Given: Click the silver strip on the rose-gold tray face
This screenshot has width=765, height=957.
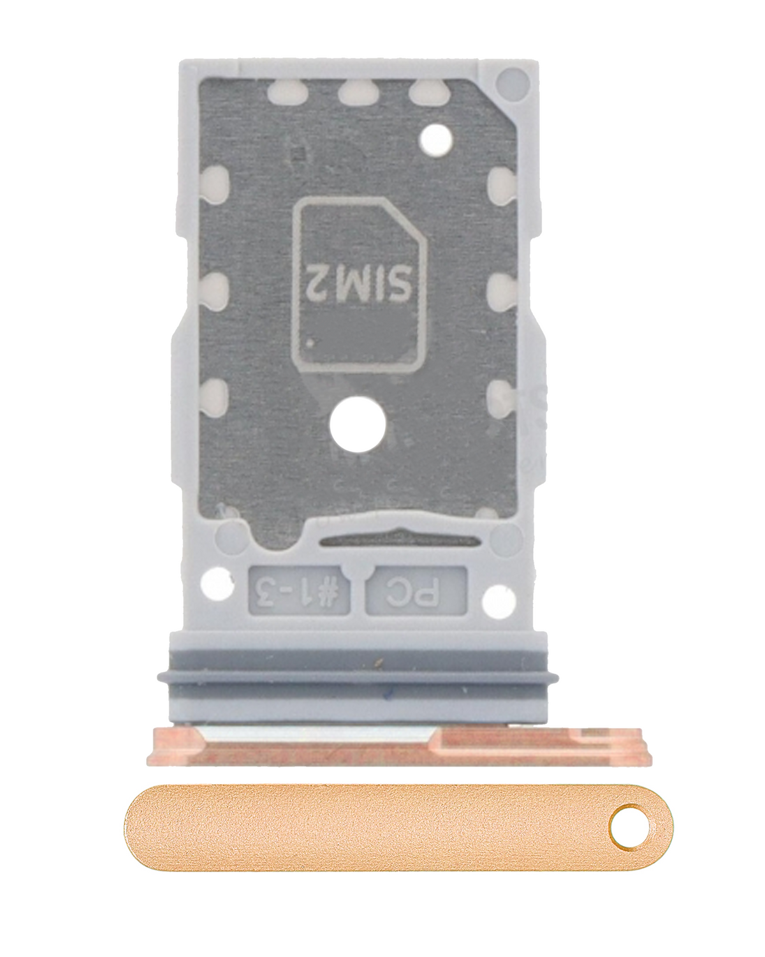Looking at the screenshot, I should click(x=319, y=736).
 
